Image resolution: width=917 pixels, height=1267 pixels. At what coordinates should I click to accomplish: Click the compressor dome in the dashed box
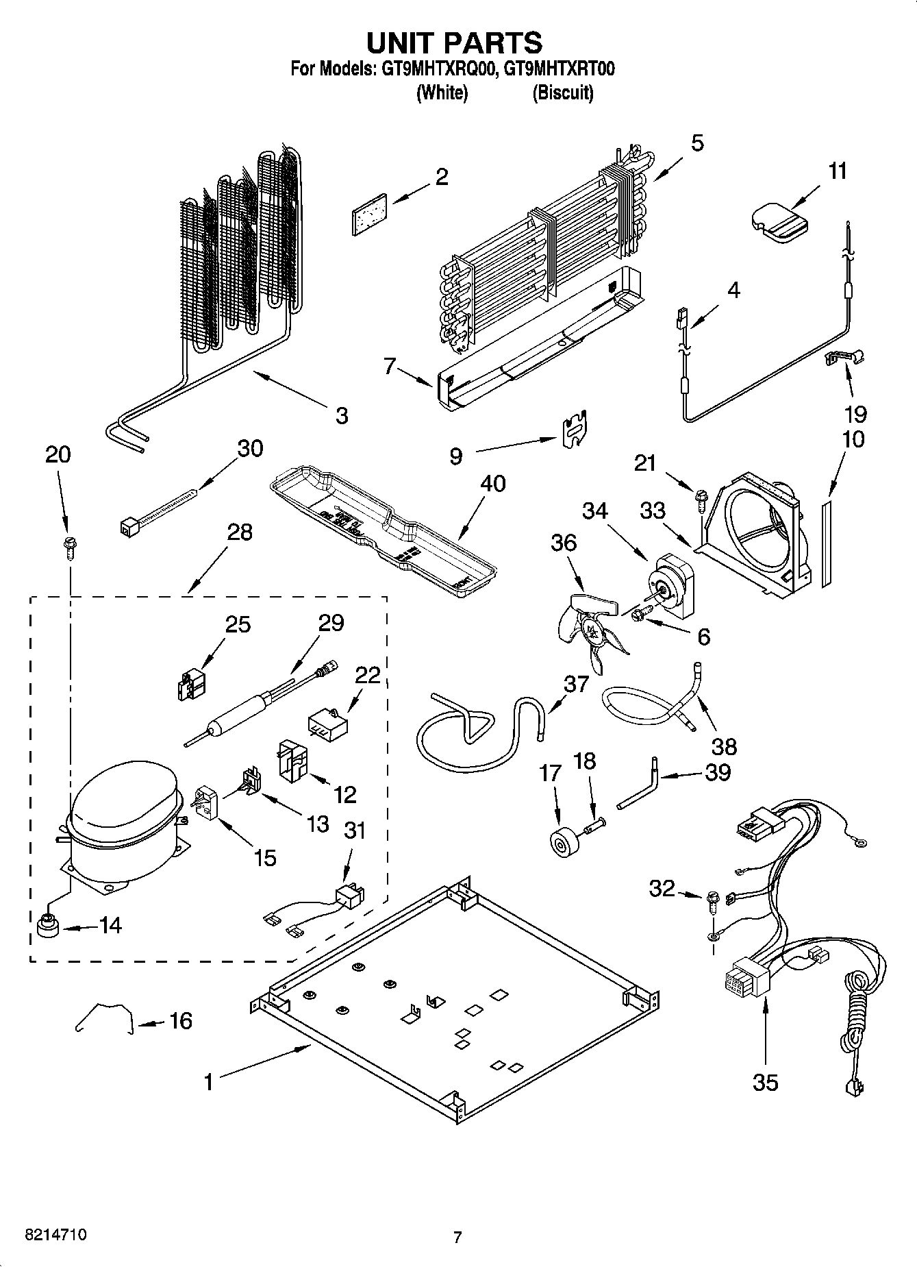pyautogui.click(x=123, y=798)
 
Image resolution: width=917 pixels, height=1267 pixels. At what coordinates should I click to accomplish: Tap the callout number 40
pyautogui.click(x=492, y=483)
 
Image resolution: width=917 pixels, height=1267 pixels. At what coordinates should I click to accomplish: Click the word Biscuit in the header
pyautogui.click(x=562, y=93)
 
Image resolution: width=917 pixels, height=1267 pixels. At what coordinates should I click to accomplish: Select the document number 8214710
pyautogui.click(x=55, y=1236)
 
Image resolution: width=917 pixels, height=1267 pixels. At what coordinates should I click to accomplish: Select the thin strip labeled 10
pyautogui.click(x=827, y=543)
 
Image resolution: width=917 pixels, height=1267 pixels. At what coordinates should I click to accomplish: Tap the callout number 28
pyautogui.click(x=239, y=532)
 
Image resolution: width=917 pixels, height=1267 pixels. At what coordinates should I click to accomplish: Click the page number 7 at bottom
pyautogui.click(x=457, y=1237)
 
